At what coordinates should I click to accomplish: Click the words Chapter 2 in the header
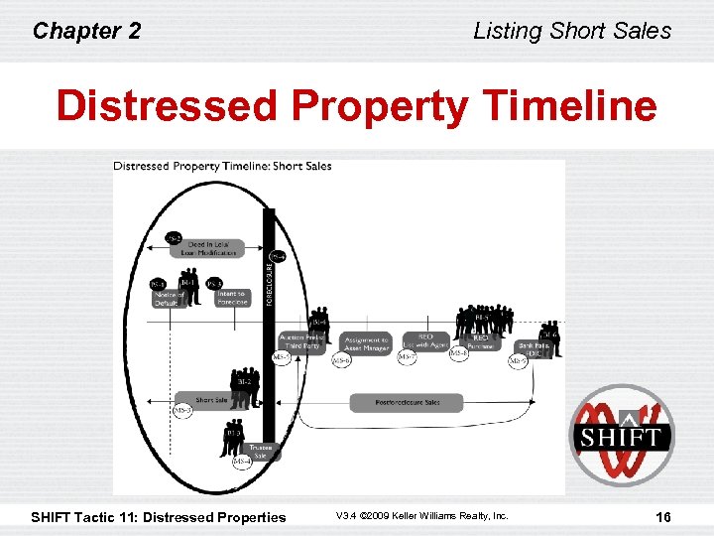pyautogui.click(x=86, y=31)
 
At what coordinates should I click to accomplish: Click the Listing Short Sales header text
pyautogui.click(x=572, y=31)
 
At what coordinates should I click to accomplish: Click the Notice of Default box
pyautogui.click(x=170, y=299)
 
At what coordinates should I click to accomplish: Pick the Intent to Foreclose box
pyautogui.click(x=230, y=299)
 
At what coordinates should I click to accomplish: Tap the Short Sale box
pyautogui.click(x=211, y=401)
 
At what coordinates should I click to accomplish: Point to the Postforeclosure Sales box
pyautogui.click(x=407, y=403)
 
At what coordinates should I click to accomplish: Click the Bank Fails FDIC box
pyautogui.click(x=534, y=348)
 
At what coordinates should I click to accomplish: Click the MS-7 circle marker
pyautogui.click(x=407, y=358)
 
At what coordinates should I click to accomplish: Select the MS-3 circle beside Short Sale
pyautogui.click(x=182, y=409)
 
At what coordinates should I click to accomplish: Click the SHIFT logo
pyautogui.click(x=621, y=436)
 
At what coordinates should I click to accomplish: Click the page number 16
pyautogui.click(x=664, y=516)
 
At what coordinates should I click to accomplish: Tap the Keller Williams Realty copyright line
pyautogui.click(x=421, y=516)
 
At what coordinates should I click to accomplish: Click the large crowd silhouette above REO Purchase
pyautogui.click(x=484, y=321)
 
